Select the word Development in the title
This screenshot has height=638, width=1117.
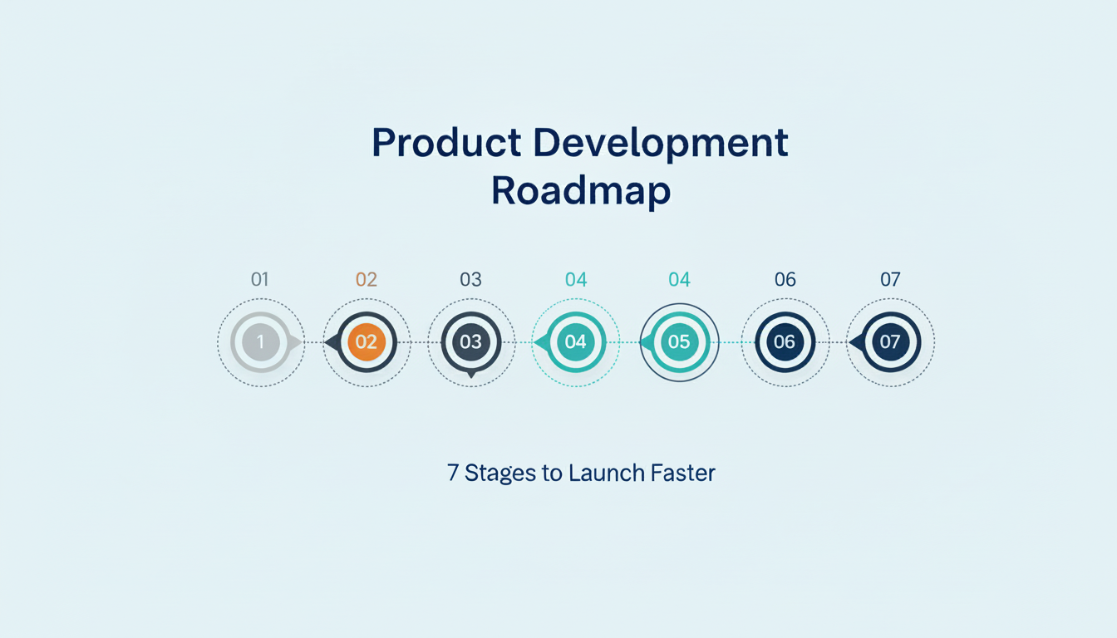(661, 143)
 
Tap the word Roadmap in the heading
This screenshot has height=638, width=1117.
(581, 191)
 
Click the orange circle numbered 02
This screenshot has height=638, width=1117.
(367, 342)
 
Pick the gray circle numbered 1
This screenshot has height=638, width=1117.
(261, 342)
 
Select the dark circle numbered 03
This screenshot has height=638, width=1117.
(471, 342)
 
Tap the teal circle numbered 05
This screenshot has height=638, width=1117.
(679, 342)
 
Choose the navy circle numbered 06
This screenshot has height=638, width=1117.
(785, 342)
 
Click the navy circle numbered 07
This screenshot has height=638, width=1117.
(890, 342)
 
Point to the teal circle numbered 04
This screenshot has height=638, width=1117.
(575, 342)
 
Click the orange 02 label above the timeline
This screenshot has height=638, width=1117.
(367, 280)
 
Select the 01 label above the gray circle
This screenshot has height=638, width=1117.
(260, 280)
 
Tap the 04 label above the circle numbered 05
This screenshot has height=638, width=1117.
(679, 280)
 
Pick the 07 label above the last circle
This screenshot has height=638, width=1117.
(890, 280)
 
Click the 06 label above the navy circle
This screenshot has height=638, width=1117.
(785, 280)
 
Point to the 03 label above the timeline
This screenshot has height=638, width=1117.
(470, 280)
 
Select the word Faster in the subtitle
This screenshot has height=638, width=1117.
(684, 474)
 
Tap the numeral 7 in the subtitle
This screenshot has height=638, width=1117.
(453, 474)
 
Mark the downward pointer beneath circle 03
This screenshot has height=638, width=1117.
(471, 375)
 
